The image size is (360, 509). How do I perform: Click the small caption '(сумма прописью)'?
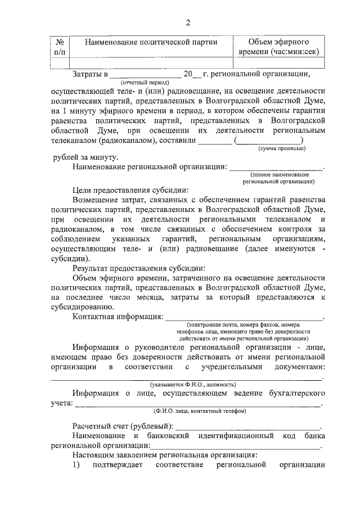click(282, 148)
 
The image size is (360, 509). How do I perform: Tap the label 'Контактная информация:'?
click(118, 317)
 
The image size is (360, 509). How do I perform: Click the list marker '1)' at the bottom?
click(76, 465)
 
